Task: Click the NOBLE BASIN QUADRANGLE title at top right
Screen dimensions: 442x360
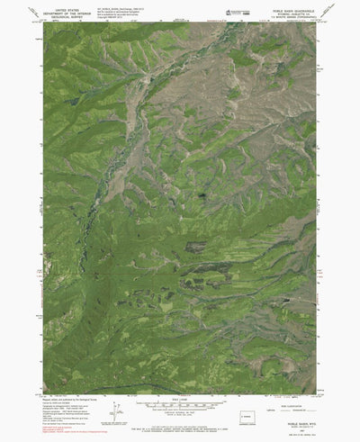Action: pos(287,5)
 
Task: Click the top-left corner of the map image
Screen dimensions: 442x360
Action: pos(44,23)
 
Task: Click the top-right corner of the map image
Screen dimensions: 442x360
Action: pos(318,23)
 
